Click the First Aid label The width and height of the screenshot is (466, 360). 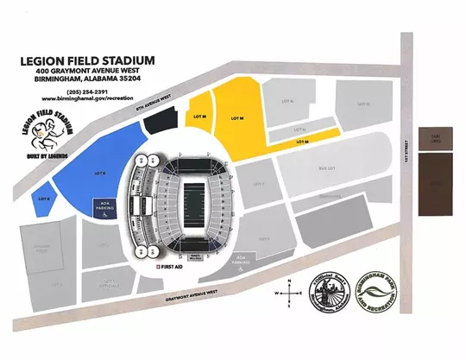pyautogui.click(x=170, y=268)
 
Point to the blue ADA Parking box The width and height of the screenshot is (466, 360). pyautogui.click(x=107, y=208)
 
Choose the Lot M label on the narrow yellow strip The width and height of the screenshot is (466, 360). pyautogui.click(x=302, y=140)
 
